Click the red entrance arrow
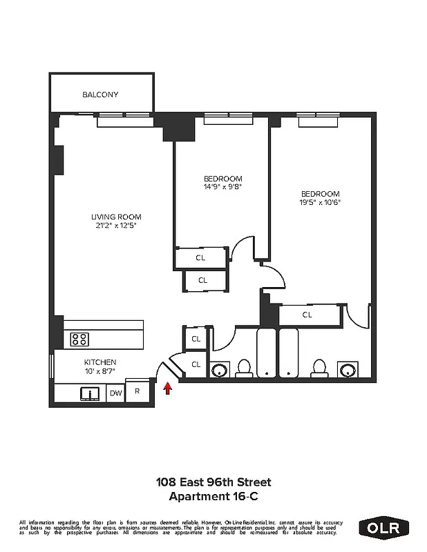(167, 390)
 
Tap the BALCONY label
(100, 95)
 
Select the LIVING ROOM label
(116, 217)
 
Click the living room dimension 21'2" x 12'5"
(116, 226)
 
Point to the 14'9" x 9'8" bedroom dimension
(222, 186)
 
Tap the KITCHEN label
(100, 362)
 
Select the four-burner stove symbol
(80, 339)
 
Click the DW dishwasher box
(116, 393)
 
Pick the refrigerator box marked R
(137, 391)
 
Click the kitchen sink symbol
(90, 393)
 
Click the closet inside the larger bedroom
(307, 315)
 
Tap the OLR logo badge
(384, 528)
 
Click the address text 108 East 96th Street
(213, 482)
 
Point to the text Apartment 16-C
(213, 495)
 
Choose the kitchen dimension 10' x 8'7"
(100, 372)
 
